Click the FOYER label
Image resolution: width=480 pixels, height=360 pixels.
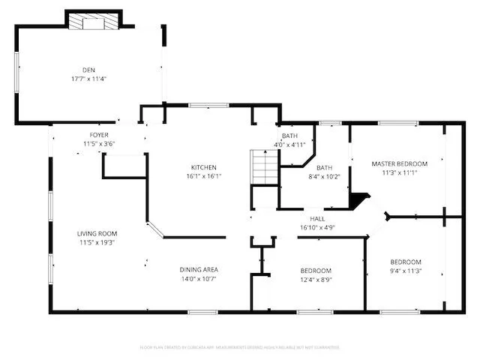pyautogui.click(x=99, y=135)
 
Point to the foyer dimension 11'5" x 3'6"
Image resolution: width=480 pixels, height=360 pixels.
pyautogui.click(x=99, y=143)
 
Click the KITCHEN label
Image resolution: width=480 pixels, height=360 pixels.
pyautogui.click(x=203, y=167)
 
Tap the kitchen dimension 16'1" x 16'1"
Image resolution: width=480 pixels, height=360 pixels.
pyautogui.click(x=203, y=176)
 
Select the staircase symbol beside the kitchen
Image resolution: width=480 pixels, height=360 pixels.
pyautogui.click(x=263, y=166)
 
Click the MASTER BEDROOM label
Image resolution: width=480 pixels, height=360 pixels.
pyautogui.click(x=399, y=163)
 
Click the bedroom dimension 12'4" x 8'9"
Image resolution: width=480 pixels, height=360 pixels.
pyautogui.click(x=316, y=279)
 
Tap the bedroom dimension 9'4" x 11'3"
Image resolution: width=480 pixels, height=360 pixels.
pyautogui.click(x=406, y=271)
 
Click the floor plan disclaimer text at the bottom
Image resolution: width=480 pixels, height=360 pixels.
pyautogui.click(x=240, y=347)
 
